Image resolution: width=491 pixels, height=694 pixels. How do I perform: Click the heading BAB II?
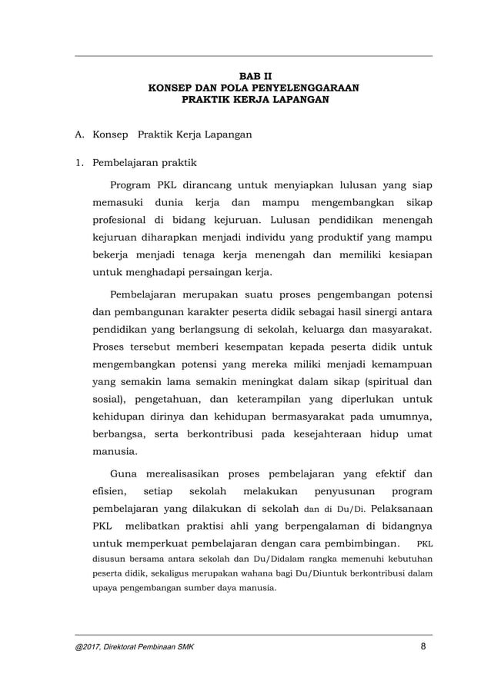click(252, 76)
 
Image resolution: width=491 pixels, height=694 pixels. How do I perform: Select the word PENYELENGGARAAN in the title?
click(302, 88)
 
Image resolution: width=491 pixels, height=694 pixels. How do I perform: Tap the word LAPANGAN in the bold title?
click(295, 99)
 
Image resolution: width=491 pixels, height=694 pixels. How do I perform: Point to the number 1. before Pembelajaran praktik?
click(78, 162)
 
